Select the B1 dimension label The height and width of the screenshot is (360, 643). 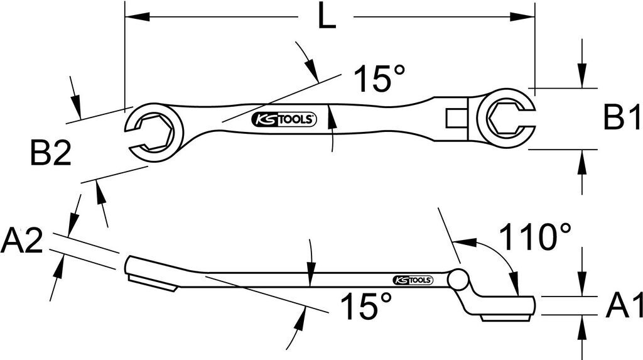coord(622,117)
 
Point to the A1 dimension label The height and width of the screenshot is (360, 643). coord(624,306)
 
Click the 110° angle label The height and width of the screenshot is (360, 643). coord(535,237)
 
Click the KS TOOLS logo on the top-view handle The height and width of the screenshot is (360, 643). coord(286,119)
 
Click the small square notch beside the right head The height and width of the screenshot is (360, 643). coord(454,117)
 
